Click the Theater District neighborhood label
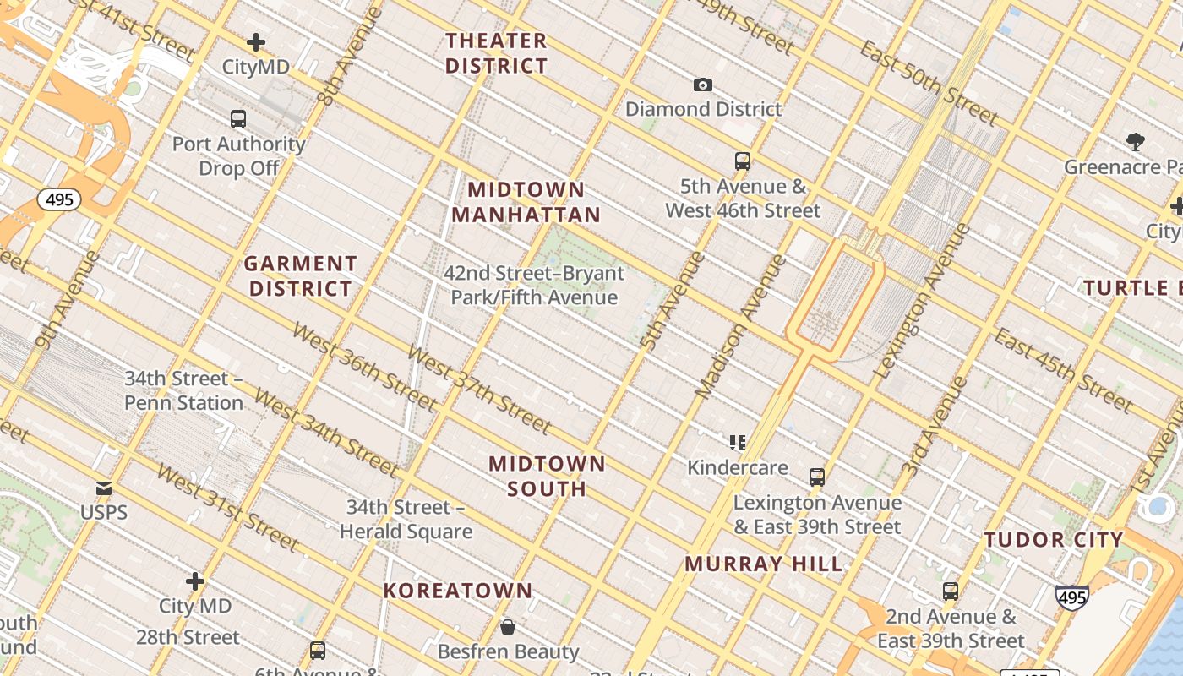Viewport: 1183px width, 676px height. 496,53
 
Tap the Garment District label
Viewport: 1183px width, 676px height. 301,276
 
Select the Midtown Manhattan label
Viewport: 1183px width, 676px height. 526,202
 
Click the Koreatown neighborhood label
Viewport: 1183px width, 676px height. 458,591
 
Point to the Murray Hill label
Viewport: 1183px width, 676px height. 764,564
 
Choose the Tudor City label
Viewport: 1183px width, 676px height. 1054,540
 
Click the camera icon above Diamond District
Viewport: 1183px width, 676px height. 702,84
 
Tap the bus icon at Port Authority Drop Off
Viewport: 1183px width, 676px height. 238,119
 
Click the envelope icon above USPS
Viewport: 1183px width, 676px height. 104,488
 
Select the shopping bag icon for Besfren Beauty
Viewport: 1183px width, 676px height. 508,627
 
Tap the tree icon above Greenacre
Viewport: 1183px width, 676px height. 1135,142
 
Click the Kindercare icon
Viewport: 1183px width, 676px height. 738,443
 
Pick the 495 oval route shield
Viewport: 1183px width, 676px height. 59,200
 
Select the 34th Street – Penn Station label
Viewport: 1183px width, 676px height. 183,390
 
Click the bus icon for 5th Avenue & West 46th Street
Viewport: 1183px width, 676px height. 743,161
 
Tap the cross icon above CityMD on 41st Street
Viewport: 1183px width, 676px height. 256,42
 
